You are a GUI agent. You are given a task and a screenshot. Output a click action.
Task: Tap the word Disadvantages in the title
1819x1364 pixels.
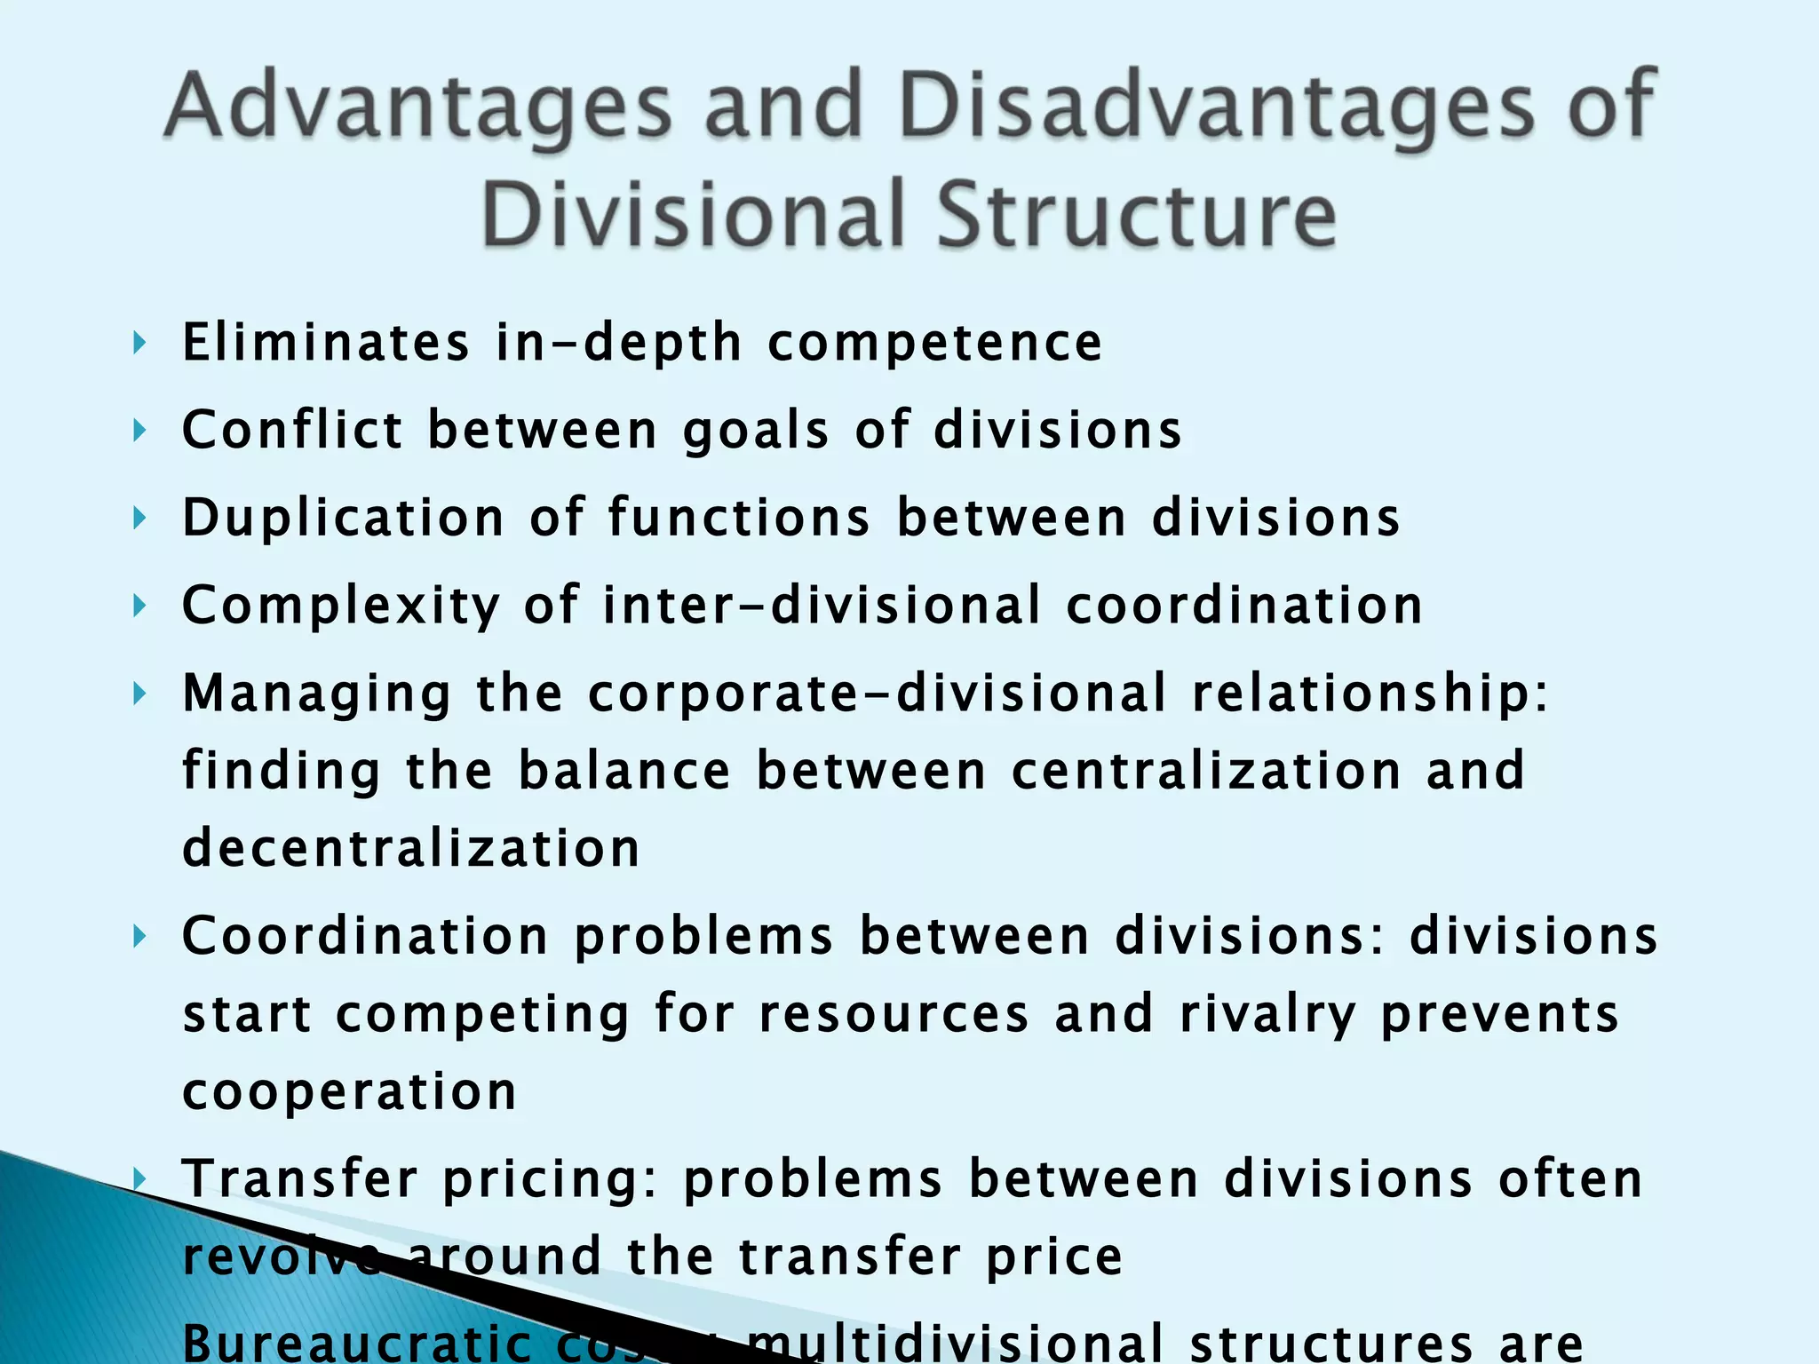click(1217, 108)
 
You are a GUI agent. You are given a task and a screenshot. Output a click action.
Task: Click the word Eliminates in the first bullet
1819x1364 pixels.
click(325, 343)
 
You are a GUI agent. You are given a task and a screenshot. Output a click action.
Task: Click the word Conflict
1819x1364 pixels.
click(292, 431)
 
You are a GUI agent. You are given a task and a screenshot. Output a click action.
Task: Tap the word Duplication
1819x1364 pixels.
click(343, 518)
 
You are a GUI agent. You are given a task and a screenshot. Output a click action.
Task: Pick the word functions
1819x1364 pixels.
click(739, 518)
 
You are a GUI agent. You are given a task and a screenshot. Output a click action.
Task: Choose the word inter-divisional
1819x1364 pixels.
click(822, 606)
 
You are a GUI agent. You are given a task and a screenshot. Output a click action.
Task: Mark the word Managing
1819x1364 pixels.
click(317, 694)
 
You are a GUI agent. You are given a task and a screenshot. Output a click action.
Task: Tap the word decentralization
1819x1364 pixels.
click(410, 848)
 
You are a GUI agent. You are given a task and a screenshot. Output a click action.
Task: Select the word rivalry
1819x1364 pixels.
click(1267, 1014)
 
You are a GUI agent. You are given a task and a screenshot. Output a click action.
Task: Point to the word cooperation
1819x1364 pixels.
click(349, 1092)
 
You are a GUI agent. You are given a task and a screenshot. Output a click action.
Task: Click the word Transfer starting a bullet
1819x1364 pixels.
click(299, 1179)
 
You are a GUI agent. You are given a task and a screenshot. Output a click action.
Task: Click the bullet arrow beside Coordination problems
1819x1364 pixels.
click(139, 936)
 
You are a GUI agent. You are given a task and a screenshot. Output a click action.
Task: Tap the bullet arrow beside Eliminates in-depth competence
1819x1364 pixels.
click(139, 343)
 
